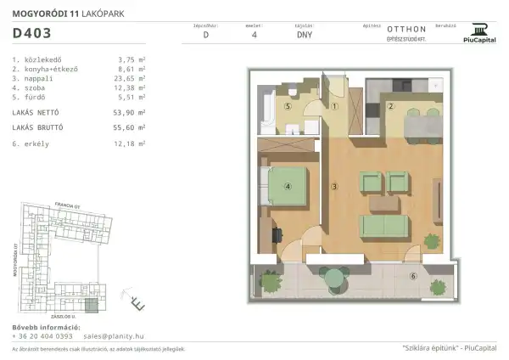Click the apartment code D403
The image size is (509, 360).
point(32,35)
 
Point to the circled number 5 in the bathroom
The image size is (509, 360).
point(288,107)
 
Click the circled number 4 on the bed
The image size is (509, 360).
point(288,188)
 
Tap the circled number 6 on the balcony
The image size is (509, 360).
point(413,276)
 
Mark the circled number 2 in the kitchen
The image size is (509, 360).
point(391,106)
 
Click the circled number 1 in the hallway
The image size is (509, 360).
point(335,107)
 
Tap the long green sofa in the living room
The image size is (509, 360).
point(385,225)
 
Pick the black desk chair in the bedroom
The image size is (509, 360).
point(277,229)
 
